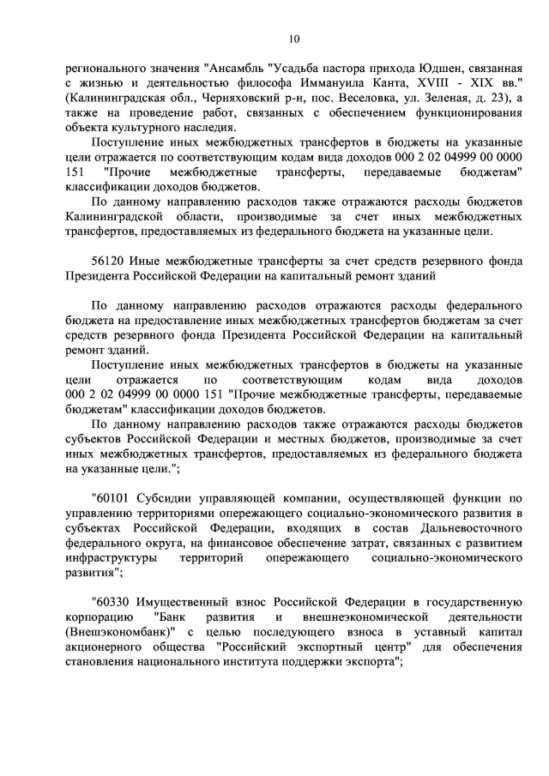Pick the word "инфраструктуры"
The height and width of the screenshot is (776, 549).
[x=110, y=559]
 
